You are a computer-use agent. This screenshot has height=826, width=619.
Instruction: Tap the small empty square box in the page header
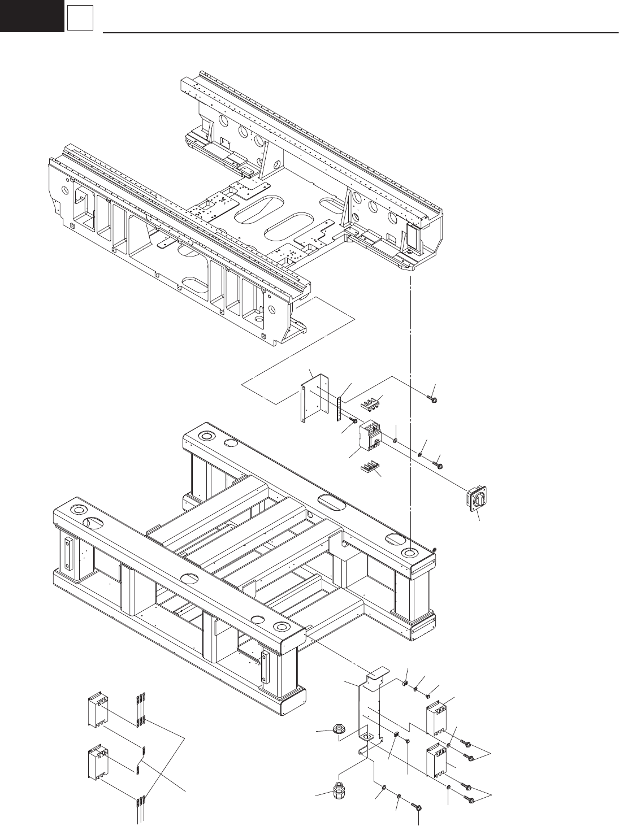click(x=79, y=18)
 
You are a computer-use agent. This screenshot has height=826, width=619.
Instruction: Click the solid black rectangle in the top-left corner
click(x=31, y=15)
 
